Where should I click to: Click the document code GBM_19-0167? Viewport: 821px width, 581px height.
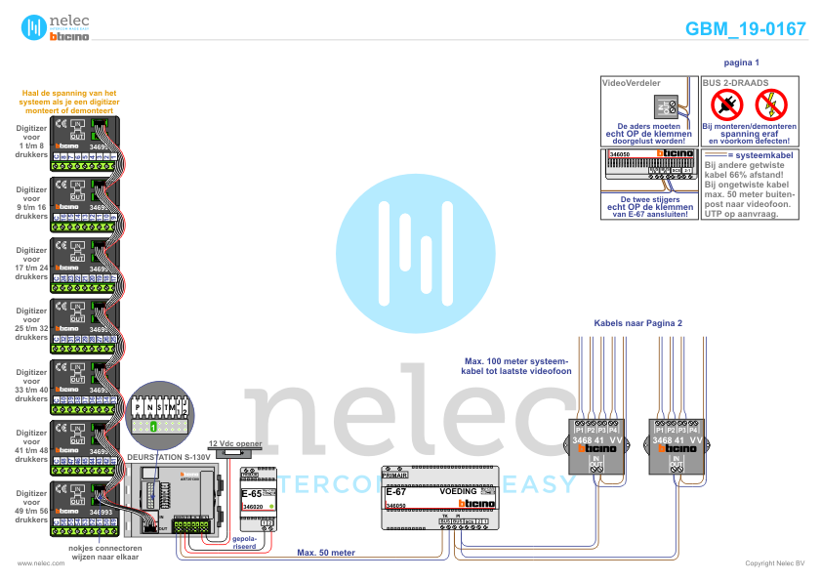point(745,28)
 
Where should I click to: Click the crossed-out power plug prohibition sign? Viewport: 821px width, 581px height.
point(724,104)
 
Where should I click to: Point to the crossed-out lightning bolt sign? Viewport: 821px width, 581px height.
point(770,104)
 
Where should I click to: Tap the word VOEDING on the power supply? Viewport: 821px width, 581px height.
point(459,492)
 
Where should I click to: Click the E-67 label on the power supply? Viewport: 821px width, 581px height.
point(395,492)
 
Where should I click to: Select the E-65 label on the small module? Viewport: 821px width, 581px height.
point(251,494)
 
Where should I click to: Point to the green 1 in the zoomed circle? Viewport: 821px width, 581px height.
point(153,428)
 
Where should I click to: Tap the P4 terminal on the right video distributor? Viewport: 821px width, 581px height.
point(693,430)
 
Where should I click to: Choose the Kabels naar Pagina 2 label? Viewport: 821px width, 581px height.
point(638,322)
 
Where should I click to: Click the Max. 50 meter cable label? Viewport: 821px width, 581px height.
point(326,553)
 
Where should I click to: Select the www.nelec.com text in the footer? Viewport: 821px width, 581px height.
point(34,563)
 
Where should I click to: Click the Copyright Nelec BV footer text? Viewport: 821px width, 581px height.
point(774,563)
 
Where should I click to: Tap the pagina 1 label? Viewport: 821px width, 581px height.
point(742,62)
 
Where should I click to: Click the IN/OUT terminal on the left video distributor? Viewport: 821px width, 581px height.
point(595,462)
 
